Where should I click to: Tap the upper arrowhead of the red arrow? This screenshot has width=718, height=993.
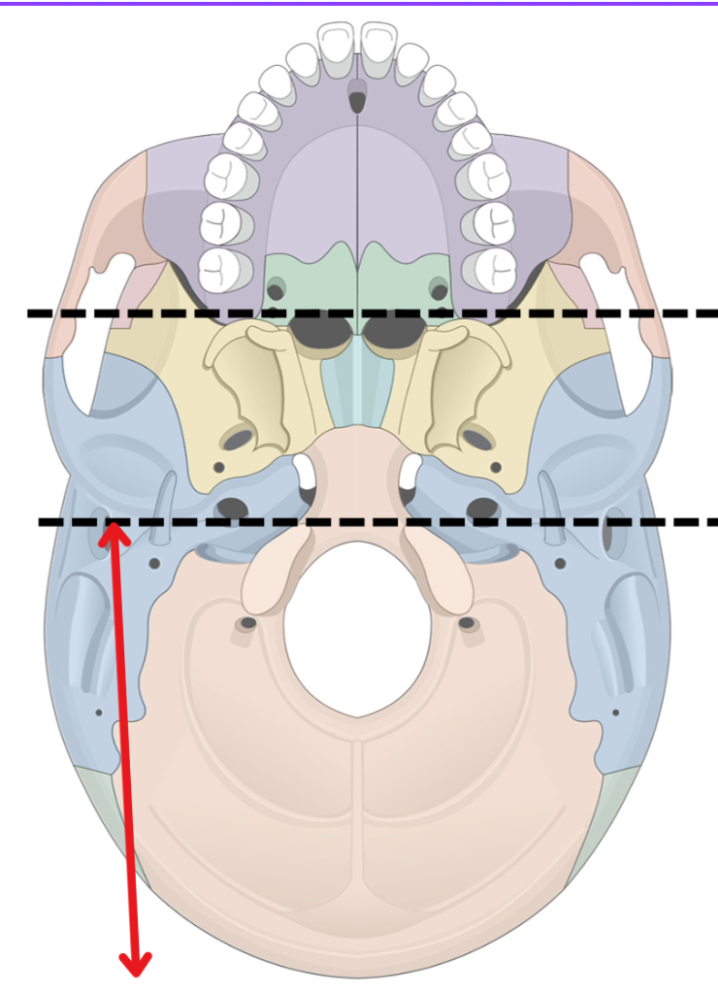coord(114,530)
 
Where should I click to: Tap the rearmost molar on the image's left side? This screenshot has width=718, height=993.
coord(221,267)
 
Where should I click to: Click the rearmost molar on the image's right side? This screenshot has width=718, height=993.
coord(494,267)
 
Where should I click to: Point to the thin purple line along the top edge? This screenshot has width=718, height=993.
coord(359,3)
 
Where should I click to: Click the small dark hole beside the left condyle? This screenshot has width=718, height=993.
coord(248,622)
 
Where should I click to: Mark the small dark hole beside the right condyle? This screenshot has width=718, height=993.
coord(467,622)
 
